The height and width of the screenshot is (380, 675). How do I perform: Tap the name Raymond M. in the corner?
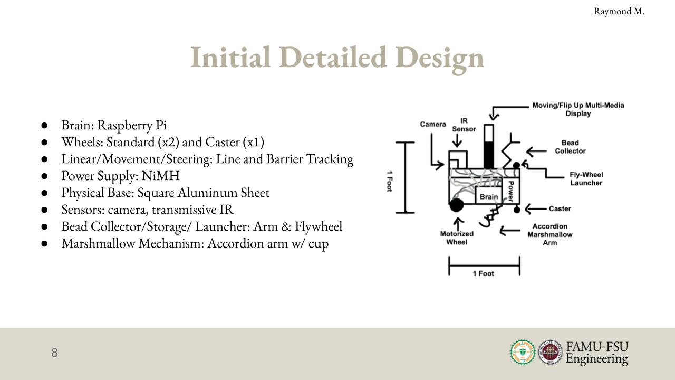click(x=619, y=12)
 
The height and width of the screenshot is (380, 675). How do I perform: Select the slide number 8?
click(x=54, y=353)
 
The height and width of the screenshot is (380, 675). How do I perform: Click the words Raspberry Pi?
click(x=132, y=126)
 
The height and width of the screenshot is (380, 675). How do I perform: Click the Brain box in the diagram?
click(x=489, y=195)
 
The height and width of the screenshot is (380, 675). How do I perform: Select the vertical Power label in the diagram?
click(x=511, y=191)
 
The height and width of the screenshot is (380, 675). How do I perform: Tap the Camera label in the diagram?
click(x=433, y=124)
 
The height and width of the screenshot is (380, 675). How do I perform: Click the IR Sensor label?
click(x=464, y=125)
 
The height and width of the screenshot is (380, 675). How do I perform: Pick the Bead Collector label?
click(x=570, y=147)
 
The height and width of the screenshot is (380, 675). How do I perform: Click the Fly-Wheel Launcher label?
click(x=586, y=179)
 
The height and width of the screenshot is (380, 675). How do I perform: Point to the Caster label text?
click(x=560, y=208)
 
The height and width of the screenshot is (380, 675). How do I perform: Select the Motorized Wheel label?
click(x=457, y=238)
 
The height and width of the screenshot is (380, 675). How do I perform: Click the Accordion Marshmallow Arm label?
click(x=550, y=234)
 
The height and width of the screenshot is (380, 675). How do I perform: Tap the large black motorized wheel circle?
click(x=457, y=205)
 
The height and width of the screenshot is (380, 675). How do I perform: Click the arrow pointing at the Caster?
click(x=535, y=208)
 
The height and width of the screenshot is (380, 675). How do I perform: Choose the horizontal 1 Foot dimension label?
click(x=484, y=273)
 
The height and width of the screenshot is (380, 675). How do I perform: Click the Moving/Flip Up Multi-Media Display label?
click(x=578, y=109)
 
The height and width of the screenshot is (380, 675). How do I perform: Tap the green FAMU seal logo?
click(x=523, y=352)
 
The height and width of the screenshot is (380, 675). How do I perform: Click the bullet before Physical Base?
click(x=45, y=193)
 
